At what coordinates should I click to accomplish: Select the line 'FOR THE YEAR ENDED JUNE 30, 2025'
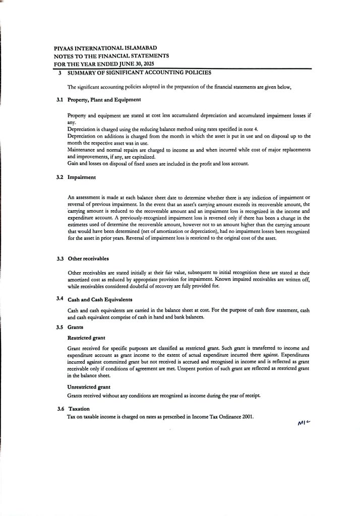coord(104,64)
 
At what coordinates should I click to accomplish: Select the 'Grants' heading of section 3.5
coord(75,327)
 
